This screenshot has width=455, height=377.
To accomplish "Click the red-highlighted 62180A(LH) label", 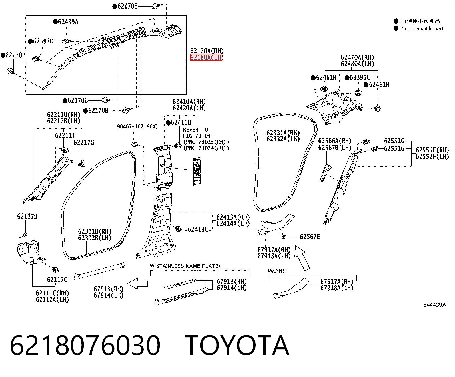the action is tap(206, 57).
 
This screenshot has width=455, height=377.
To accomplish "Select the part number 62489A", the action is tap(68, 22).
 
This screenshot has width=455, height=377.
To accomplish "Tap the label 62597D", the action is tap(43, 41).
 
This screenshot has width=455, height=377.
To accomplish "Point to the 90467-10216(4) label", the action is tap(137, 126).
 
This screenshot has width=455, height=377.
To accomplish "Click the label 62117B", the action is tap(27, 216).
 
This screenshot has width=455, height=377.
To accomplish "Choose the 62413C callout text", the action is tap(198, 229).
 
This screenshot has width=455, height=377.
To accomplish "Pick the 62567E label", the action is tap(310, 237).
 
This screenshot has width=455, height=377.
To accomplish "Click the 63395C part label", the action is tap(360, 78).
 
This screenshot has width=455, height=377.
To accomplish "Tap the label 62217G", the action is tap(84, 143).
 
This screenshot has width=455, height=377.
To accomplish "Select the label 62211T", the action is tap(65, 136).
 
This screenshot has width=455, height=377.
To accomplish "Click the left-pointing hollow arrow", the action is tap(137, 284).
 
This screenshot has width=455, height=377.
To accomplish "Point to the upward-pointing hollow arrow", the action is tap(302, 258).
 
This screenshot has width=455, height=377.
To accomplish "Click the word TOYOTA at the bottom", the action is tap(237, 345).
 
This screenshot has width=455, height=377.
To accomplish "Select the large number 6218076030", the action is tap(85, 345).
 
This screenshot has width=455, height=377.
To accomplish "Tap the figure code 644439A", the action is tap(434, 305).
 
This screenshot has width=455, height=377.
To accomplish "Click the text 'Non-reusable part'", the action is tap(422, 29).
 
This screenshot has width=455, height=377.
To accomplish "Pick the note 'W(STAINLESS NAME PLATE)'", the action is tap(185, 266).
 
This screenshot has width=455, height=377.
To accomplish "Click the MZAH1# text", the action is tap(278, 271).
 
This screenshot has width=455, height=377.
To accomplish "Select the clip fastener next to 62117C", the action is tap(55, 270).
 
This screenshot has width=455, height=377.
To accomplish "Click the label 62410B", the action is tap(181, 122).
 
